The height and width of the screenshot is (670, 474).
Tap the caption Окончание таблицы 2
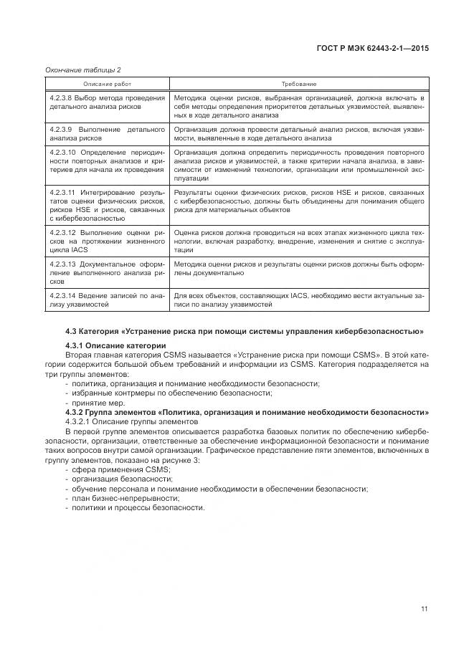[83, 70]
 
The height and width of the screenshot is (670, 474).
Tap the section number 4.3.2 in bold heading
[76, 412]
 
